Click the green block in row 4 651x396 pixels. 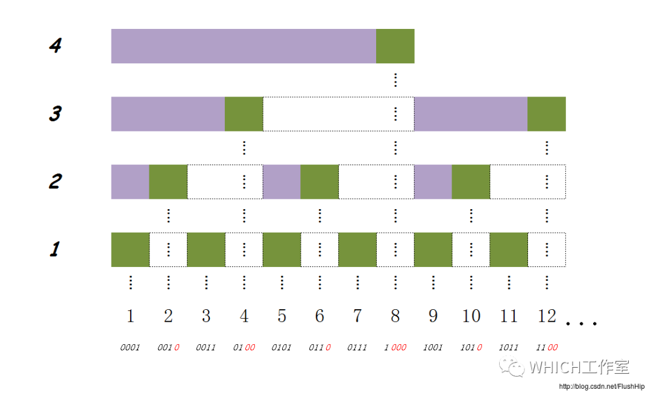(395, 46)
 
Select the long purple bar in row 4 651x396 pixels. (244, 46)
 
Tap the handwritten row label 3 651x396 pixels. (55, 114)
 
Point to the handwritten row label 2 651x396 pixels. (55, 181)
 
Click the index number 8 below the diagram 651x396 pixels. (395, 316)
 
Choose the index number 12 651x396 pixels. (547, 316)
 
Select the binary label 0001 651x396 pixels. (130, 347)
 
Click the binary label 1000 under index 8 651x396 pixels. (395, 347)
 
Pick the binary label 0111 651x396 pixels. (357, 347)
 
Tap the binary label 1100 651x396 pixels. (547, 347)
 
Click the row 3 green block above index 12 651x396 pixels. (547, 114)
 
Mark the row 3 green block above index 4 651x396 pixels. (244, 114)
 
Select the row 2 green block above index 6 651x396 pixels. (319, 182)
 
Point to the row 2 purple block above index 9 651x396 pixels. (433, 182)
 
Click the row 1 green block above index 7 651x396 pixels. (357, 250)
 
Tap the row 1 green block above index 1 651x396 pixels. (130, 250)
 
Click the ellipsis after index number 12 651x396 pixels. (581, 323)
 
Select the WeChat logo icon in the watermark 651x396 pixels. (512, 367)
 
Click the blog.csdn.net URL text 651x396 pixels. (602, 386)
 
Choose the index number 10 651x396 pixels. (471, 316)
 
